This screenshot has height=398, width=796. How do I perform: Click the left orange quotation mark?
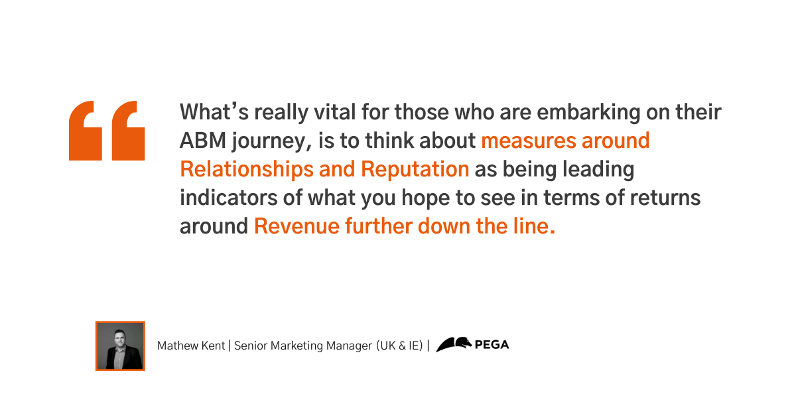point(86,131)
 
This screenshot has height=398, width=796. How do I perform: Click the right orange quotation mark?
point(128,131)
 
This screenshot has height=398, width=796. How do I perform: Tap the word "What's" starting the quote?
point(214,112)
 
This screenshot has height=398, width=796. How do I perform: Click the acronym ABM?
point(203,141)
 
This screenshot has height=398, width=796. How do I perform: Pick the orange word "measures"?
point(529,141)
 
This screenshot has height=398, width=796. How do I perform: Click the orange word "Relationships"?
point(247,170)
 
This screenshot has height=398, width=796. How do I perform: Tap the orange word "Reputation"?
point(415,170)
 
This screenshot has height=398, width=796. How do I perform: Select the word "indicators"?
point(228,198)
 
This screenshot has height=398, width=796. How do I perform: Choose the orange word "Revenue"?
point(297,226)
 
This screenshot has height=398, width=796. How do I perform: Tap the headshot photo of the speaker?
point(120,346)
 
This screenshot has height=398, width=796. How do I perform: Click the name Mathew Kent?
point(191,346)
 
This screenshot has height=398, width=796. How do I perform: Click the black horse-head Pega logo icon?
point(454,344)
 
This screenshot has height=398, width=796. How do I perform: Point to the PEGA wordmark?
point(492,345)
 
